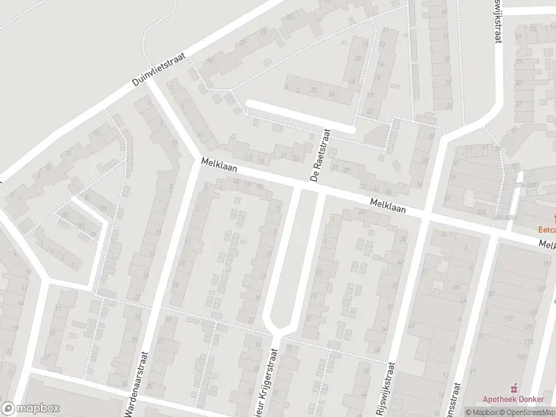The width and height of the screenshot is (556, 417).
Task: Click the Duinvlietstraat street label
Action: coord(161,71)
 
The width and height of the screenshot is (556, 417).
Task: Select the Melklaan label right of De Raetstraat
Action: coord(388,206)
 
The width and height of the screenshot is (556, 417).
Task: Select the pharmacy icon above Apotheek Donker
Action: coord(515,389)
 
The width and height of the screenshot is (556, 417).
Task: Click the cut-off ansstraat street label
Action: coord(456,393)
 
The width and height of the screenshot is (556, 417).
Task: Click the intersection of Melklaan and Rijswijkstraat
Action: coord(425,217)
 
